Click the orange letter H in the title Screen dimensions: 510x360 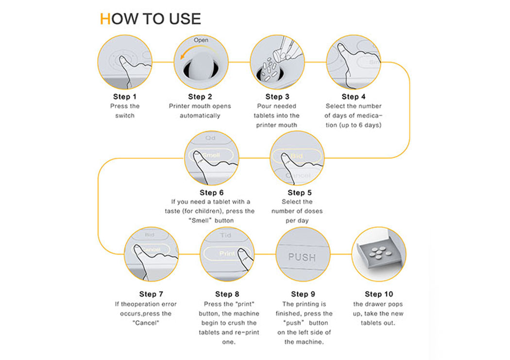[x=105, y=19]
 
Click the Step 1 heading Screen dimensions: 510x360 [x=124, y=97]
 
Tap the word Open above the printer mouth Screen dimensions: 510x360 [x=201, y=40]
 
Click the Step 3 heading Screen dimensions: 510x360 [x=277, y=97]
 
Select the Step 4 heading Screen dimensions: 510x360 [x=353, y=97]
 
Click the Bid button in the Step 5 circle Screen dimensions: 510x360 [x=296, y=156]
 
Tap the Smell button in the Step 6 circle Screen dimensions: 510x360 [x=211, y=155]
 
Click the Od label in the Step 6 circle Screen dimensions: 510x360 [x=210, y=138]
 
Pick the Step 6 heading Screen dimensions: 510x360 [x=211, y=192]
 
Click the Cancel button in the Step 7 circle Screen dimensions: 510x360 [x=151, y=250]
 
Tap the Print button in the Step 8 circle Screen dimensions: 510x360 [x=227, y=253]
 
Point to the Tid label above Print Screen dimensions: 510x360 [x=225, y=235]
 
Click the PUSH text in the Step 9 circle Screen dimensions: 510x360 [x=302, y=257]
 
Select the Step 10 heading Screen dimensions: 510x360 [x=378, y=294]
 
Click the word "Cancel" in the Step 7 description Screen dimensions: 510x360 [x=146, y=323]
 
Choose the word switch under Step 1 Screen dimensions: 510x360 [x=124, y=116]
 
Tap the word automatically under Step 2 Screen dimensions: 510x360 [x=200, y=116]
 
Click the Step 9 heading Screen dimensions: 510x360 [x=303, y=294]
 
